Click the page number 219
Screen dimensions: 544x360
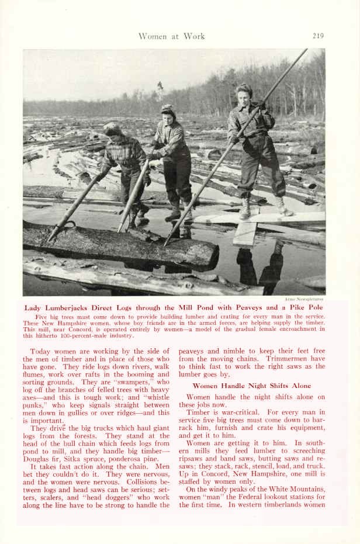click(318, 36)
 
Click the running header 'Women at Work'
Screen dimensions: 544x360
click(171, 36)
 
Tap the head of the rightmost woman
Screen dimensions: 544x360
click(244, 92)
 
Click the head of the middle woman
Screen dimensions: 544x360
click(168, 113)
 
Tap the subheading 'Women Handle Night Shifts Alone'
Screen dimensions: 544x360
click(252, 386)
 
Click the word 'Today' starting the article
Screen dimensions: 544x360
click(40, 351)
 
